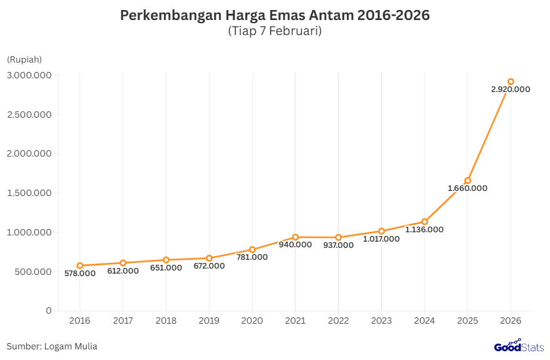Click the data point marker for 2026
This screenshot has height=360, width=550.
[511, 81]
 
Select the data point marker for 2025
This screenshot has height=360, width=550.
[467, 181]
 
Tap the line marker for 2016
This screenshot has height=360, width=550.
[79, 265]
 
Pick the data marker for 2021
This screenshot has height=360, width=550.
[295, 237]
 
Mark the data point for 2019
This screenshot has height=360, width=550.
[209, 258]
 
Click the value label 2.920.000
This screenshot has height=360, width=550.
[511, 90]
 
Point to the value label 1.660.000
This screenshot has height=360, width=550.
[467, 188]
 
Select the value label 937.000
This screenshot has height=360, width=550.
[339, 245]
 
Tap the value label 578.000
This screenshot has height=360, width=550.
[79, 274]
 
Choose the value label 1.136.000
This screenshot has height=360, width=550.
[424, 230]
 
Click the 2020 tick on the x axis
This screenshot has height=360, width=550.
[252, 321]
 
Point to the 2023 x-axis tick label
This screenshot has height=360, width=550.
[382, 321]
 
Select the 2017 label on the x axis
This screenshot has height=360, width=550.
[123, 321]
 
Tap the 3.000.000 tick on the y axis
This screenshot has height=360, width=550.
[29, 75]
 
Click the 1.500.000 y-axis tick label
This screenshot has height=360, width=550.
[29, 193]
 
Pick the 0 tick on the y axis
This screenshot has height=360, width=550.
[48, 311]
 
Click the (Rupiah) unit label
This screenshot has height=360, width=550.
[24, 59]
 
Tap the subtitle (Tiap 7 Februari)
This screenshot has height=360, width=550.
[275, 31]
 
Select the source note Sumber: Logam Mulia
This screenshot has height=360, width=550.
[52, 346]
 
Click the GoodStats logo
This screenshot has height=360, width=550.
[519, 346]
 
